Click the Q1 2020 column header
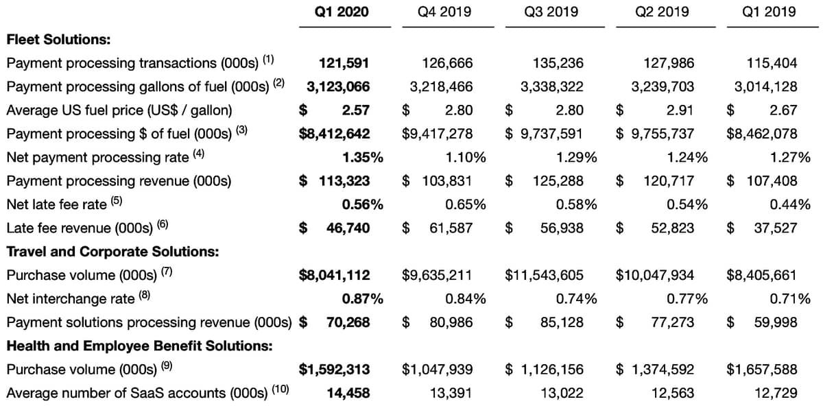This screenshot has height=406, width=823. [342, 12]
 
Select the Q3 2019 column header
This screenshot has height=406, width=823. [551, 12]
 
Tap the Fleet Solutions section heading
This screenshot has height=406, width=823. [58, 39]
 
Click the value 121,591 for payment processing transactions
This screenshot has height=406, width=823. [344, 63]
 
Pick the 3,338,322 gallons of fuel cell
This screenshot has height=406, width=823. [552, 86]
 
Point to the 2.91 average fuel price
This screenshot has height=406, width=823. [680, 110]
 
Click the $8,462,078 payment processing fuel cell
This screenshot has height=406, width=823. [762, 134]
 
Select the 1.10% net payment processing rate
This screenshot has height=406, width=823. [466, 157]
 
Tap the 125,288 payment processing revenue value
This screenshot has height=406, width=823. [558, 181]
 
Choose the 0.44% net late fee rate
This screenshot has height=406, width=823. [790, 204]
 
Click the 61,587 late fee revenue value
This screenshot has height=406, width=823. [451, 228]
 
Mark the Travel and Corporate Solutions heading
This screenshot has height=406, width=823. [112, 252]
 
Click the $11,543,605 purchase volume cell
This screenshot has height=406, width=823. [544, 275]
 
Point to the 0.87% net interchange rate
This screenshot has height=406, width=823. [362, 299]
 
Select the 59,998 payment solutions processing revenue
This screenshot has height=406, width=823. [776, 322]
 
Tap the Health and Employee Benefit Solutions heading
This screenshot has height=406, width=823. [140, 346]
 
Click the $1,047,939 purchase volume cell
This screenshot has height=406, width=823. [437, 369]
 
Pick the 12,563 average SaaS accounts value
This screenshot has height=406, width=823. [673, 393]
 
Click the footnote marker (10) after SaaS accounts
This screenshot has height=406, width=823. [281, 389]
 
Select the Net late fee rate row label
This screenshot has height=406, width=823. [56, 204]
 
